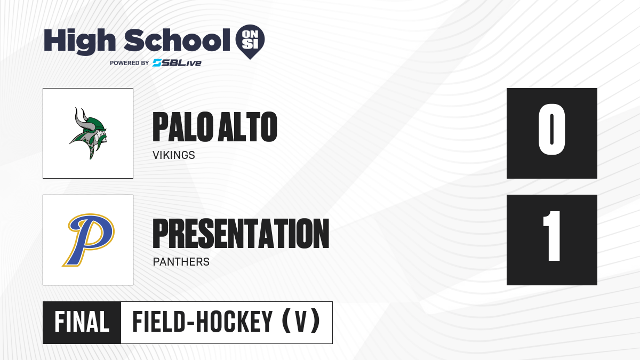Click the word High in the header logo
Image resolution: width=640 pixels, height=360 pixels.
79,41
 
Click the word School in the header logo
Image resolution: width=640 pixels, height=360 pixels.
177,40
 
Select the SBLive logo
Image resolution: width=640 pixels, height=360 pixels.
177,63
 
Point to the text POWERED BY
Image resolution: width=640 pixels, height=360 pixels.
130,63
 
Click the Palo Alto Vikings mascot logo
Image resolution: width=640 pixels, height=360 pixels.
88,133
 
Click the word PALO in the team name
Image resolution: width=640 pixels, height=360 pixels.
183,127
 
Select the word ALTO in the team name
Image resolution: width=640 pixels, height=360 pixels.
247,127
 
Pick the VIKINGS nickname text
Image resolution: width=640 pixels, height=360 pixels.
174,155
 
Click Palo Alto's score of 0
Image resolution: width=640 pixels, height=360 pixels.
551,130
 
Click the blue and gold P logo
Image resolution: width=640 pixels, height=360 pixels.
89,240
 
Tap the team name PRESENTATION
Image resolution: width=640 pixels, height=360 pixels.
241,234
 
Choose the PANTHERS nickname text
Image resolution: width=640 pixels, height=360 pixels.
181,262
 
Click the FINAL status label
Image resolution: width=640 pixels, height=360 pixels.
82,322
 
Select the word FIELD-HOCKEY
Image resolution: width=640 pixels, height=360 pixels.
203,322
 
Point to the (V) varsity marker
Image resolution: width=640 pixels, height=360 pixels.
301,322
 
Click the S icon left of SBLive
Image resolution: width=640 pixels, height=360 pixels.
157,63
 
